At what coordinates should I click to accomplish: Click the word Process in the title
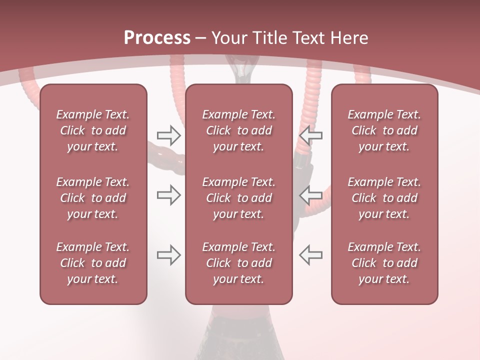157,38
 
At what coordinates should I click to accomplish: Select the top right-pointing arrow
168,135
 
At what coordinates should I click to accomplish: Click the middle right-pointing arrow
168,195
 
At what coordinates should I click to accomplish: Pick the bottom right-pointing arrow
168,255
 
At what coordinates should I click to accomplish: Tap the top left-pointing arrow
311,135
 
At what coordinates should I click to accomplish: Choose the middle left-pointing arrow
311,195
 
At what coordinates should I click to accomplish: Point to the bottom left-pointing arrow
311,255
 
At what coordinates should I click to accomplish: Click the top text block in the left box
93,130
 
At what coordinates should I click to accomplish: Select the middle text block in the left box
93,198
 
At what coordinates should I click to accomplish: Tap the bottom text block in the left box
93,263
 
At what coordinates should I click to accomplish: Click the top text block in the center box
239,130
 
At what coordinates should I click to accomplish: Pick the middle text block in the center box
239,198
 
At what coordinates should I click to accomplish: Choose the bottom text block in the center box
239,263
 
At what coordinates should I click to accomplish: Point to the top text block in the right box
384,130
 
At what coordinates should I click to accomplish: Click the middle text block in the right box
384,198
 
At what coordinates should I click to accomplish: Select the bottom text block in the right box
384,263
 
